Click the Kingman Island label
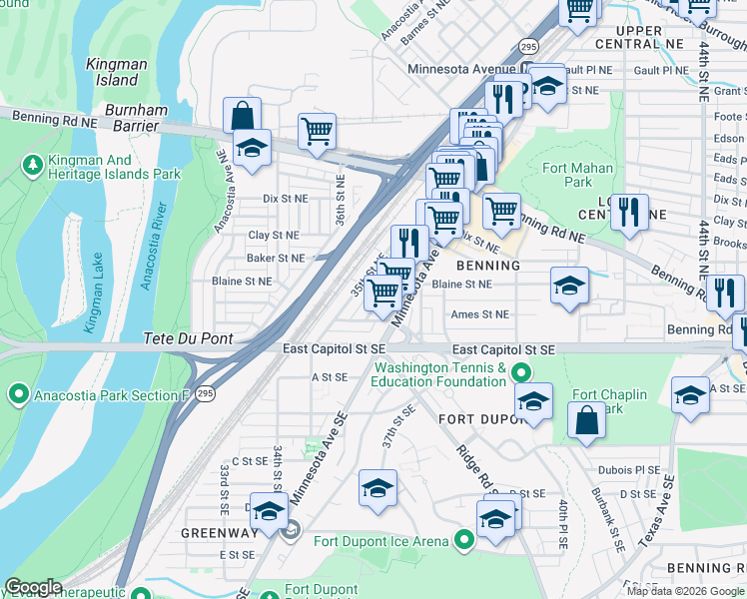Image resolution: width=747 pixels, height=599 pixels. [117, 71]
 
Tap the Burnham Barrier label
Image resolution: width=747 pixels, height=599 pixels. [125, 117]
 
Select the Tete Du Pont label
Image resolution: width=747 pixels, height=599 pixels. [188, 338]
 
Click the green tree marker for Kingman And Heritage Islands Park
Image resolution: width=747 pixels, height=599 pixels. [32, 163]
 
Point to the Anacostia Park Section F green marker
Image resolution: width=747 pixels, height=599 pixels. [18, 395]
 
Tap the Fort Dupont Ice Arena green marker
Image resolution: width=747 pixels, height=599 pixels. [464, 541]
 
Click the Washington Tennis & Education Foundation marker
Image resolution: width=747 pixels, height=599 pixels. [519, 374]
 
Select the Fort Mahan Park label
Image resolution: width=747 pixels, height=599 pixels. [566, 175]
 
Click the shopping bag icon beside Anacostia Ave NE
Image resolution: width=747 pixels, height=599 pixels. [242, 116]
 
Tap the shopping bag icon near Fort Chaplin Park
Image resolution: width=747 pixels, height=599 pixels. [586, 421]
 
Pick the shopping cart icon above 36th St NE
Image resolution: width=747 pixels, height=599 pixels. [317, 131]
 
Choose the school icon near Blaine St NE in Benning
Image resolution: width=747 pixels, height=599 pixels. [568, 286]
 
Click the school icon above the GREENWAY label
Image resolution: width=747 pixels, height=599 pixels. [268, 511]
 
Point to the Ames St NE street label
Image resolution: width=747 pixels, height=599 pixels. [479, 314]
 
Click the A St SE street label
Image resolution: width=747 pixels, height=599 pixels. [329, 377]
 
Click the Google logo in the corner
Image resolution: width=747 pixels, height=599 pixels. [32, 587]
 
